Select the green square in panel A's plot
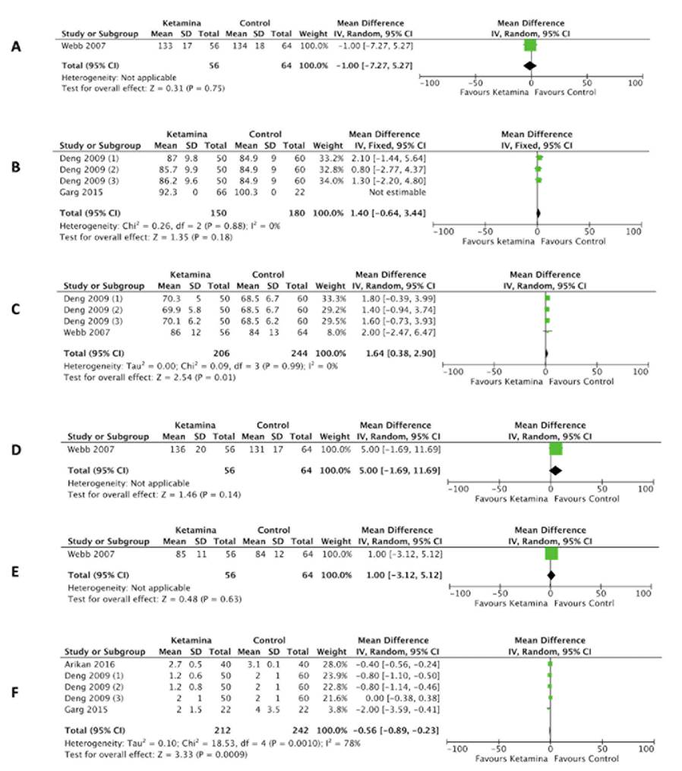click(x=530, y=46)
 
